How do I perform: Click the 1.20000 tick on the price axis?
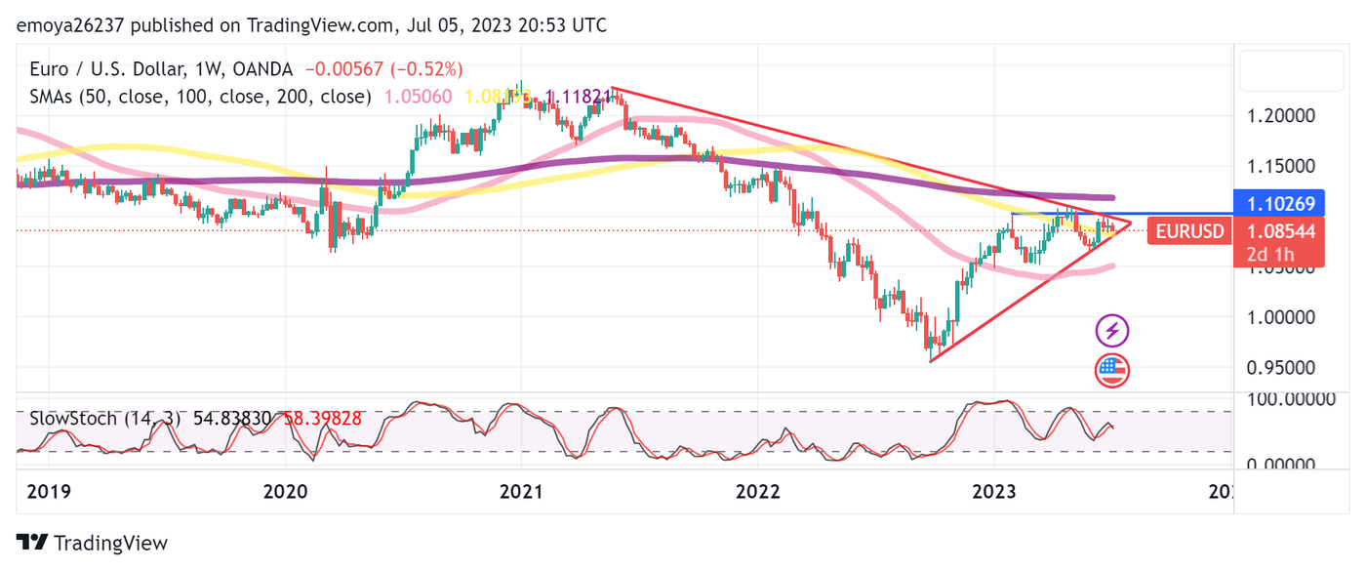[1282, 115]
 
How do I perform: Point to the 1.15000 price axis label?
[1282, 166]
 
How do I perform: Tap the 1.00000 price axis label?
[1282, 317]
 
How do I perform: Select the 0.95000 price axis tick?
[1282, 368]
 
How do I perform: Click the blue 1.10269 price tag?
[1282, 205]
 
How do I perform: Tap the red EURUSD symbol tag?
[1188, 232]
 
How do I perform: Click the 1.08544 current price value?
[1282, 232]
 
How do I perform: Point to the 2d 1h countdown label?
[1269, 255]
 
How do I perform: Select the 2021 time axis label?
[520, 492]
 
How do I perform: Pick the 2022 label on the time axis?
[758, 492]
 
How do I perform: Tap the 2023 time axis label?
[997, 492]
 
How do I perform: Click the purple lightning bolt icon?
[1112, 331]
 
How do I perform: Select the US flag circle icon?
[1112, 370]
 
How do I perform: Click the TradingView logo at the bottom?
[93, 544]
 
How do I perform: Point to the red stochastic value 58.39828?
[322, 418]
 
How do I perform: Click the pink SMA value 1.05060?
[419, 97]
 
